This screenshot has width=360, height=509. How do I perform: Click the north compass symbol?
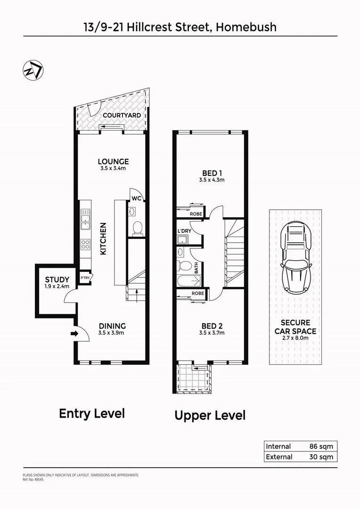pyautogui.click(x=33, y=71)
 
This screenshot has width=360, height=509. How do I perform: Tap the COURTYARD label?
pyautogui.click(x=122, y=115)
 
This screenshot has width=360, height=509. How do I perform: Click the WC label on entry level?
pyautogui.click(x=137, y=198)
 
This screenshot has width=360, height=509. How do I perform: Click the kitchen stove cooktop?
pyautogui.click(x=86, y=244)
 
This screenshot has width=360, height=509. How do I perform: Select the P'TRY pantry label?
pyautogui.click(x=85, y=278)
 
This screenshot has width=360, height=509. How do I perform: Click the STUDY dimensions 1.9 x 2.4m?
pyautogui.click(x=57, y=286)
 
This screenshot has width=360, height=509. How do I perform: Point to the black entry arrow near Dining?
pyautogui.click(x=74, y=334)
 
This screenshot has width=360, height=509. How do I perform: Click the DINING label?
pyautogui.click(x=112, y=326)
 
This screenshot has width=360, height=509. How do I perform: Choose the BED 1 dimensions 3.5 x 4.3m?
pyautogui.click(x=212, y=180)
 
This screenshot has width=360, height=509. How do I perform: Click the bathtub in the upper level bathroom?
pyautogui.click(x=188, y=281)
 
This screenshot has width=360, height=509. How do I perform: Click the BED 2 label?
pyautogui.click(x=212, y=326)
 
